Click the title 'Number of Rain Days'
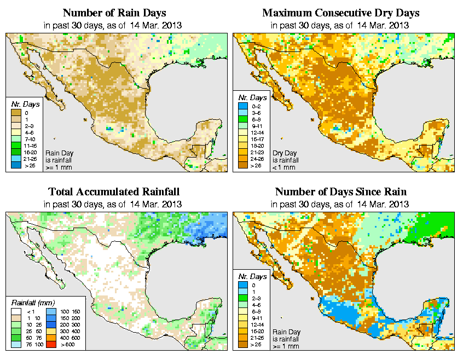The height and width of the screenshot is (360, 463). [x=114, y=13]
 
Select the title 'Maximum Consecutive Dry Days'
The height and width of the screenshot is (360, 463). [x=341, y=13]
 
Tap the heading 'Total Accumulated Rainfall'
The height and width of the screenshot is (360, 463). [x=114, y=192]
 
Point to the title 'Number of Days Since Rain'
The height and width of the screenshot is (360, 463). [x=340, y=192]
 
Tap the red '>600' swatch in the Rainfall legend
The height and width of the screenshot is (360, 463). [x=50, y=344]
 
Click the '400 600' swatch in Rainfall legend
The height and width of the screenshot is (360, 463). [x=50, y=338]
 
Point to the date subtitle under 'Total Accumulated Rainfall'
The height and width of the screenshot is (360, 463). [x=114, y=205]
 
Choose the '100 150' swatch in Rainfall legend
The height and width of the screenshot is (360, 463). [x=50, y=311]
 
